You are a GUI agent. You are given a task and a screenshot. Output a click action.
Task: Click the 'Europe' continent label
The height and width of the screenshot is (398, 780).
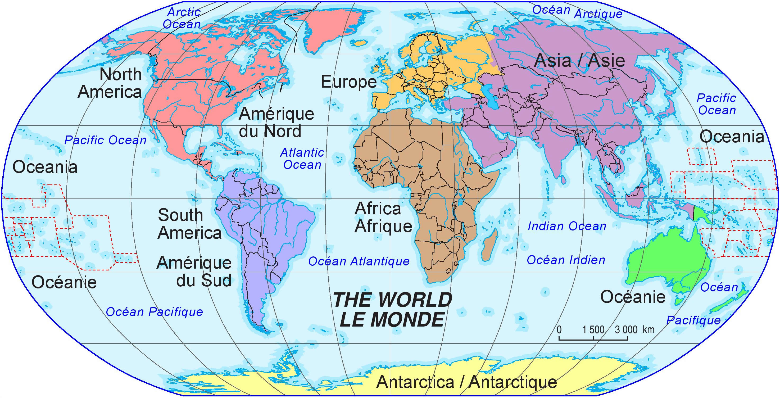click(x=348, y=82)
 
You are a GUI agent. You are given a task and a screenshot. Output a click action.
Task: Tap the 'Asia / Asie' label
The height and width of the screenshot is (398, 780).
click(x=579, y=61)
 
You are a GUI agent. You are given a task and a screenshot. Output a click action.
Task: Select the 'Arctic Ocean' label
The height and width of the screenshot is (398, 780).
click(x=182, y=18)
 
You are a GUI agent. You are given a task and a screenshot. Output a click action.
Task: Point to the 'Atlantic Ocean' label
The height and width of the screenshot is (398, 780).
click(x=302, y=159)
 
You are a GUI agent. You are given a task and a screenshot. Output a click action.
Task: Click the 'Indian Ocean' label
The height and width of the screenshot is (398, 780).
click(x=567, y=226)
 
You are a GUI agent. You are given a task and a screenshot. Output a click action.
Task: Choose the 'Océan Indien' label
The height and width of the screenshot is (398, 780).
click(x=566, y=260)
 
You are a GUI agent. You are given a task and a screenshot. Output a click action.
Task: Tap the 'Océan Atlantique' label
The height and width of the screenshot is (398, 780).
click(x=359, y=261)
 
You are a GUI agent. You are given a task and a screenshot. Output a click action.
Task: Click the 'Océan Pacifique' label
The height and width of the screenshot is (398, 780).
click(x=155, y=312)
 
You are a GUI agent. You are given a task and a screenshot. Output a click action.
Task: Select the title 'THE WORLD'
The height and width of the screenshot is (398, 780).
click(x=392, y=300)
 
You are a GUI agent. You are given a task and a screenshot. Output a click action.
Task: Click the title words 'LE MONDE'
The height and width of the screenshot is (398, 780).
click(x=392, y=320)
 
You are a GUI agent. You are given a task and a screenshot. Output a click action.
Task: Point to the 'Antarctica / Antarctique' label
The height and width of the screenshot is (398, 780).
click(x=466, y=382)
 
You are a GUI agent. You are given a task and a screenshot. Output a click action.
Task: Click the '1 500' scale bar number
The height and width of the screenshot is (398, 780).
click(x=593, y=329)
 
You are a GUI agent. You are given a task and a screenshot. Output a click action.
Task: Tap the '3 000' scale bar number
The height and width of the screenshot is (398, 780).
click(x=626, y=329)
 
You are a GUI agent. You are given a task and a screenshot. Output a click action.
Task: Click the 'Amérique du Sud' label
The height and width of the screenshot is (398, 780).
click(x=194, y=272)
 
